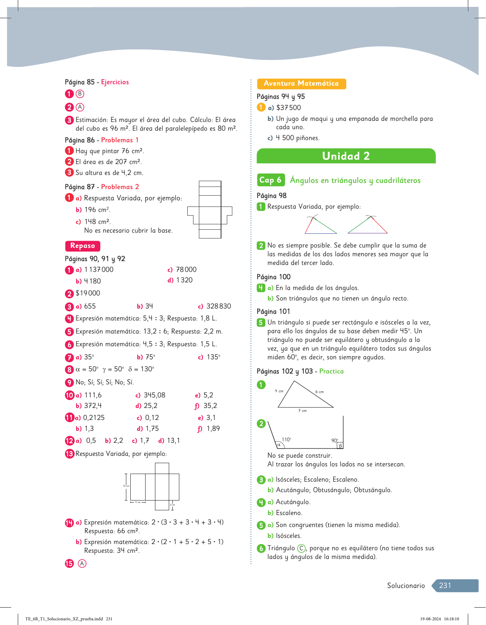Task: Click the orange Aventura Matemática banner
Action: click(x=301, y=83)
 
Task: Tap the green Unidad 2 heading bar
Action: click(x=346, y=156)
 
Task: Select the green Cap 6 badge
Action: click(x=270, y=180)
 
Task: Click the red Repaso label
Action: click(x=82, y=246)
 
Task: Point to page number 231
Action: click(x=445, y=585)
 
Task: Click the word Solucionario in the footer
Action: click(x=406, y=585)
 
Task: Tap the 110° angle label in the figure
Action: click(x=286, y=440)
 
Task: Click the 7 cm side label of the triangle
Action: click(x=302, y=410)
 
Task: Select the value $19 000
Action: click(x=88, y=293)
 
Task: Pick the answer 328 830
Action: click(x=219, y=306)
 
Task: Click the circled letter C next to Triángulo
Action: click(x=301, y=548)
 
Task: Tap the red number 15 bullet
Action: click(x=69, y=563)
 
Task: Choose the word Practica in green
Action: click(x=331, y=371)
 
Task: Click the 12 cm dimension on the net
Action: click(x=126, y=486)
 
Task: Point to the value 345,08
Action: click(x=154, y=395)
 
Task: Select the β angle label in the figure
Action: click(x=340, y=445)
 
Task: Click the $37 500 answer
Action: click(x=289, y=108)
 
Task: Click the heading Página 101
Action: click(x=273, y=311)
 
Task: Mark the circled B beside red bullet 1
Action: click(x=80, y=94)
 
